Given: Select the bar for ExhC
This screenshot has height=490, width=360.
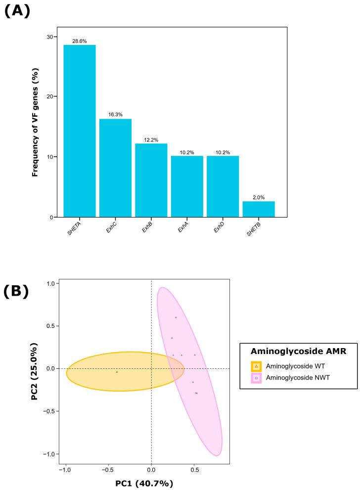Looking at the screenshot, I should (x=115, y=168).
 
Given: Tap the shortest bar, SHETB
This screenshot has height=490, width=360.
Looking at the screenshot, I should (x=258, y=209).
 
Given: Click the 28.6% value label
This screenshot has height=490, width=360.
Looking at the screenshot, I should (x=79, y=42).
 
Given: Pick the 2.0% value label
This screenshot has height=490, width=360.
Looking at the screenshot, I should (x=258, y=198).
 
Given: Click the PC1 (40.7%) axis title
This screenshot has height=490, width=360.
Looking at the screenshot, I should (x=144, y=483).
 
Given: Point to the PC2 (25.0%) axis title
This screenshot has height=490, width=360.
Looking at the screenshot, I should (x=36, y=371).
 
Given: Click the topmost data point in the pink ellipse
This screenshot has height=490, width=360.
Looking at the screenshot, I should (x=176, y=317).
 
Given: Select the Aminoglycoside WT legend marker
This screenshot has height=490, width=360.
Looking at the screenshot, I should (x=256, y=366).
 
